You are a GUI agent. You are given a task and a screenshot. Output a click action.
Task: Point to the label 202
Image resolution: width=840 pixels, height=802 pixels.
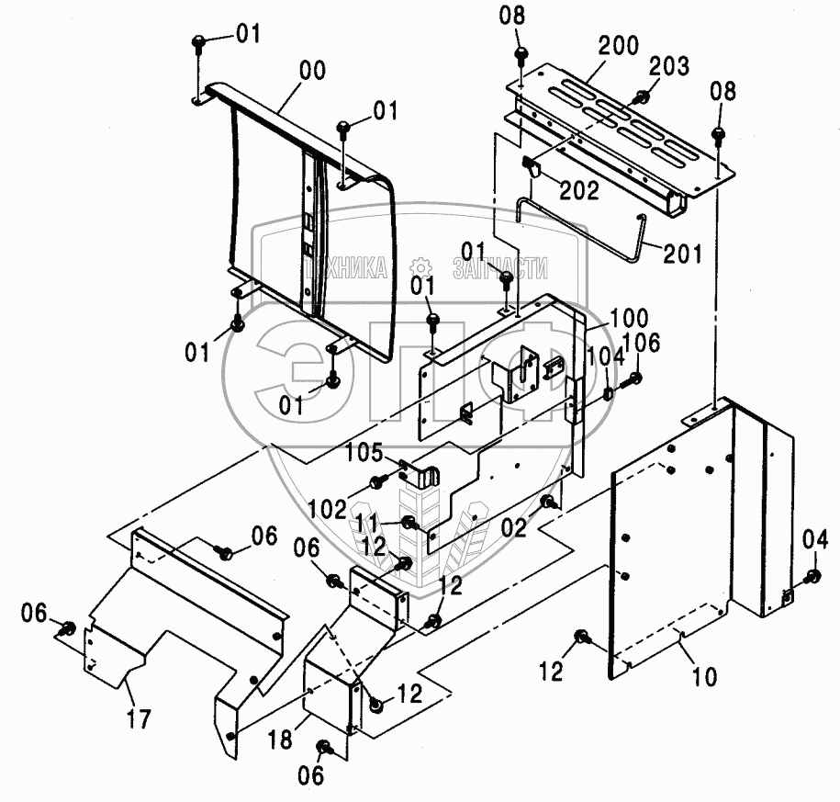pyautogui.click(x=579, y=191)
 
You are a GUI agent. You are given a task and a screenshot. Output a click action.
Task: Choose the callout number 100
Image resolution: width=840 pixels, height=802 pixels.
pyautogui.click(x=628, y=319)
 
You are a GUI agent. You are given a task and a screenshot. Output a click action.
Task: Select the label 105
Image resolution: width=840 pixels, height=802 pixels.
pyautogui.click(x=364, y=452)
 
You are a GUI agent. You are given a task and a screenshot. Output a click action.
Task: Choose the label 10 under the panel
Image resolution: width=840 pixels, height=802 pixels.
pyautogui.click(x=705, y=677)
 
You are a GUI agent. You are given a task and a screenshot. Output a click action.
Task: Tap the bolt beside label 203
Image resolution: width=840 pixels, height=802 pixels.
pyautogui.click(x=644, y=96)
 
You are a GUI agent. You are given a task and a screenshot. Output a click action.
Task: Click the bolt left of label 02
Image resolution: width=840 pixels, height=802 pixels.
pyautogui.click(x=549, y=502)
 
